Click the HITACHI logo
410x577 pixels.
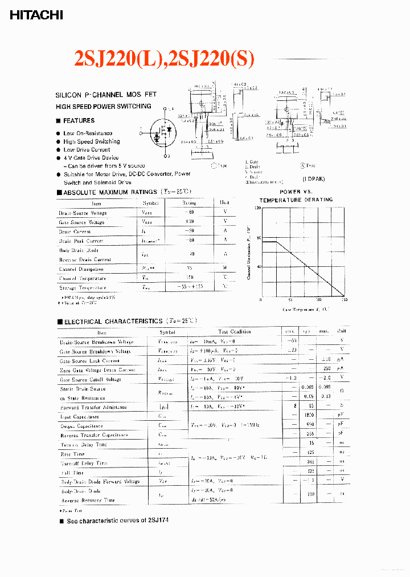tap(36, 15)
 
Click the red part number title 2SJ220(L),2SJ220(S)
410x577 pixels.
tap(165, 59)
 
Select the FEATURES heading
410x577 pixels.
tap(79, 121)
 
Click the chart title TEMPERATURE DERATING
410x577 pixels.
tap(296, 200)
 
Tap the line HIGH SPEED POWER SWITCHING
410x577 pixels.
tap(103, 107)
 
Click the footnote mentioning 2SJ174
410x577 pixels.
tap(117, 521)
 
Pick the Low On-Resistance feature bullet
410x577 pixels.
tap(88, 133)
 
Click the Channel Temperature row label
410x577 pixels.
tap(82, 278)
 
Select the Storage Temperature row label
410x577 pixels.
tap(82, 288)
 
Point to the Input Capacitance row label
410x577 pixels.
tap(80, 417)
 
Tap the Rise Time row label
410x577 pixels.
tap(72, 454)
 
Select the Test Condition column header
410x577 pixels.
tap(234, 332)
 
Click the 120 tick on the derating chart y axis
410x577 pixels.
tap(257, 209)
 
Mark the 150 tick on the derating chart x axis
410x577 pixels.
tap(343, 300)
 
